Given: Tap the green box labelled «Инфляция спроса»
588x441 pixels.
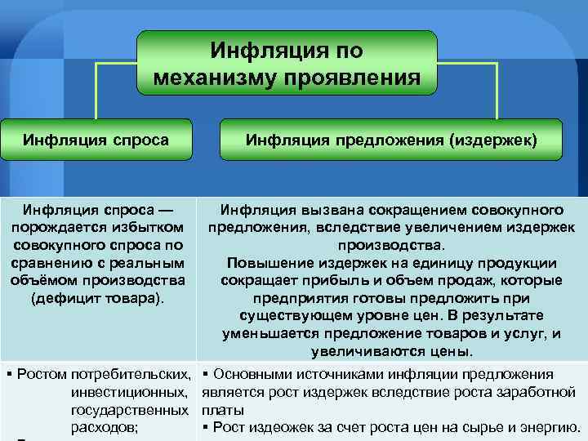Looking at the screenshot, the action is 96,140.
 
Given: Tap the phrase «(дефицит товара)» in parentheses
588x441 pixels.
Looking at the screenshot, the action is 97,298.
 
